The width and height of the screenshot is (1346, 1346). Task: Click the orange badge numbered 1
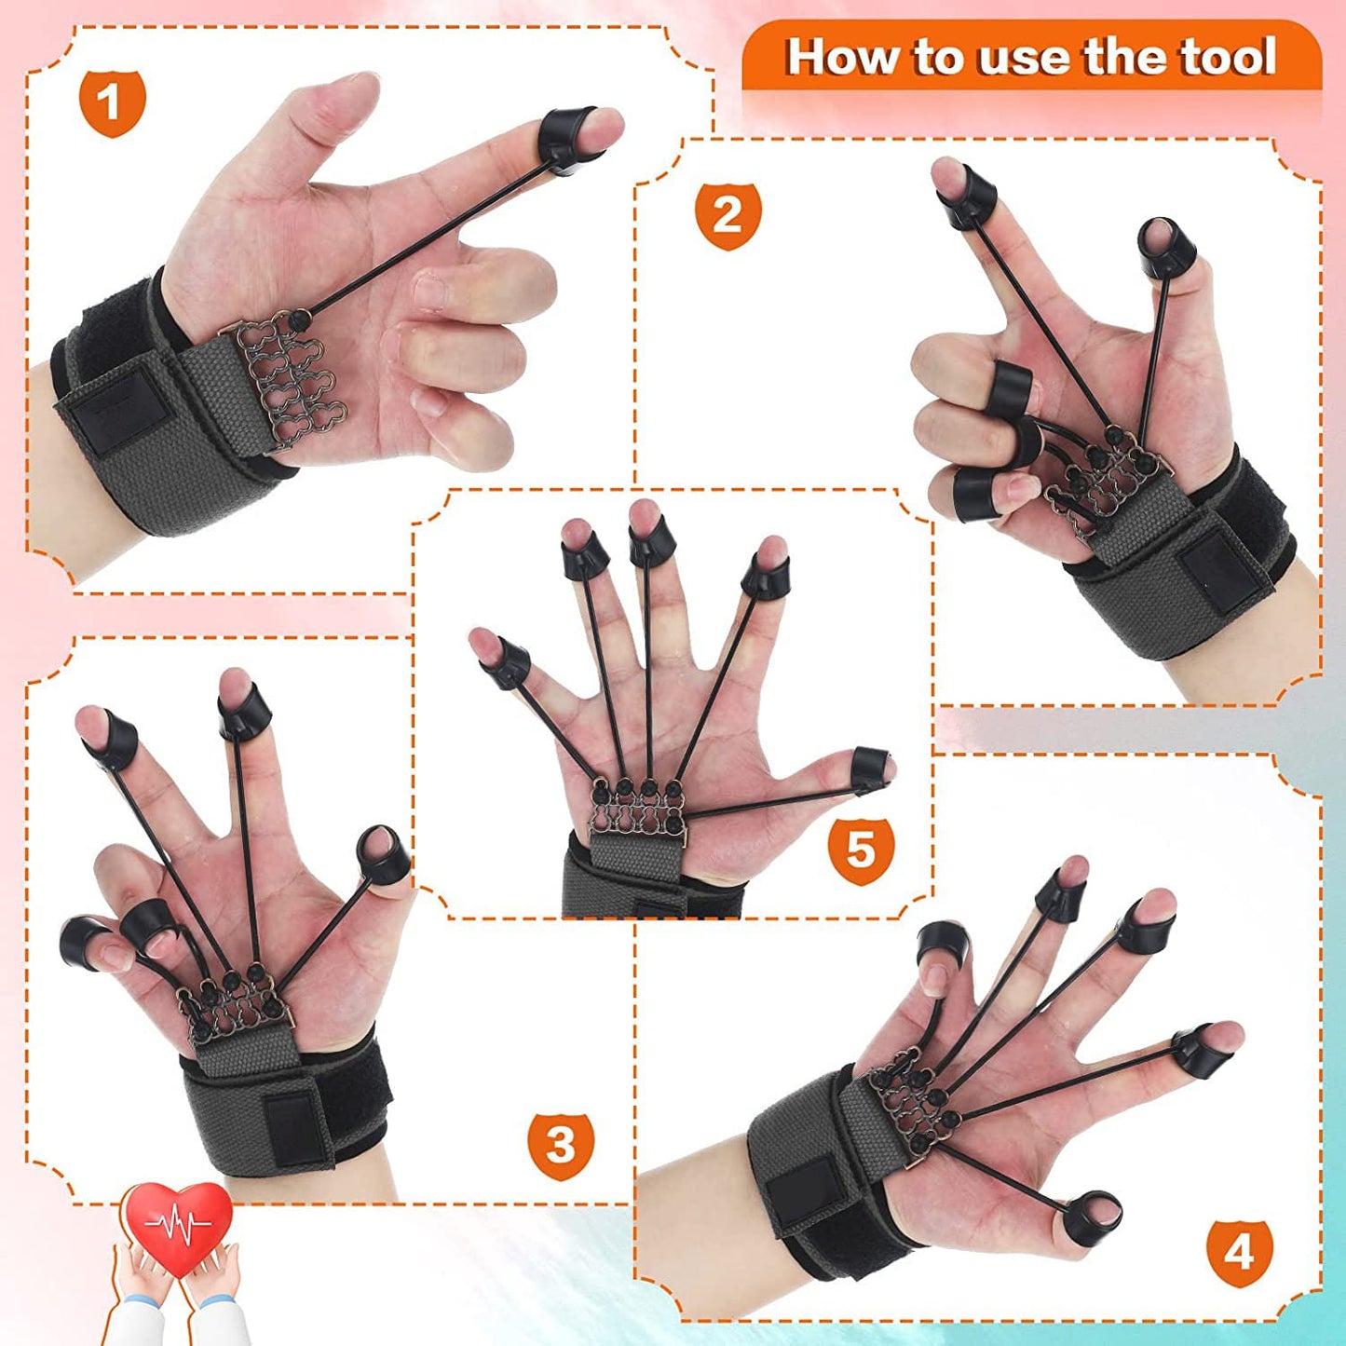tap(112, 102)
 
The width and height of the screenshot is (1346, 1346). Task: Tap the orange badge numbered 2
tap(727, 216)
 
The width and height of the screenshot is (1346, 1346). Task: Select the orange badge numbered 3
tap(560, 1145)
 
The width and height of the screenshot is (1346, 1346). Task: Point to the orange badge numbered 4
tap(1238, 1253)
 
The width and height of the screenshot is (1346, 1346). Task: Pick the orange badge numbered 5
tap(860, 850)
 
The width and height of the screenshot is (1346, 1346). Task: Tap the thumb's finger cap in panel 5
tap(872, 768)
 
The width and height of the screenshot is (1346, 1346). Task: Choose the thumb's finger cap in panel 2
tap(1164, 248)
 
